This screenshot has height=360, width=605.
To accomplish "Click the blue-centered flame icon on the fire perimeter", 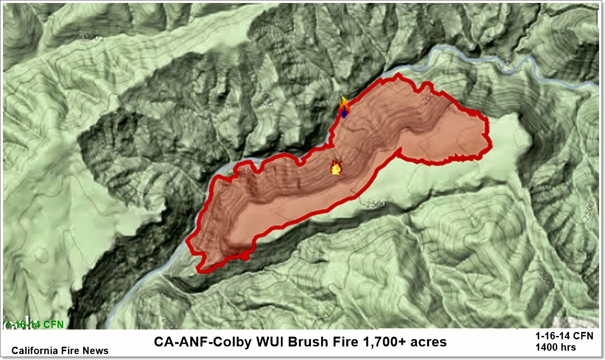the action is (344, 109).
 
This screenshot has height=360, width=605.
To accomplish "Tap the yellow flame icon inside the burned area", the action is (336, 168).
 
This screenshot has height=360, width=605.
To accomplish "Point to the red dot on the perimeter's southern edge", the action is (244, 256).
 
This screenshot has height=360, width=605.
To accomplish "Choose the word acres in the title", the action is (426, 341).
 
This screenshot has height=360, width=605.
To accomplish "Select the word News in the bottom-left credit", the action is (96, 351).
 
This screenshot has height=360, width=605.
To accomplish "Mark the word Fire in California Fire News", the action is (69, 351).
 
